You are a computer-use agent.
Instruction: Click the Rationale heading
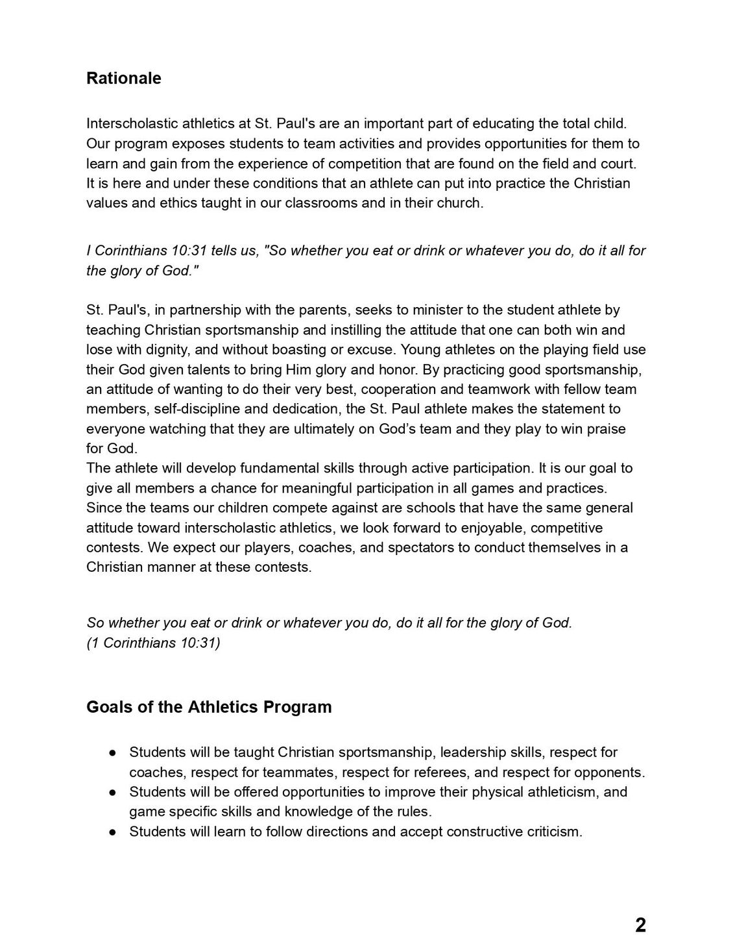click(x=123, y=79)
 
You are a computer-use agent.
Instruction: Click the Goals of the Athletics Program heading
click(x=209, y=707)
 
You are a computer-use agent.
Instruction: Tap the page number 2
click(x=640, y=925)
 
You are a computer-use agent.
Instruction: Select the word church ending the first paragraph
click(x=461, y=203)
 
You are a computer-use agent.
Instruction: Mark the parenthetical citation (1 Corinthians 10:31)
click(x=153, y=643)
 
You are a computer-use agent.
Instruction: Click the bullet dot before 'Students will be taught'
click(x=112, y=753)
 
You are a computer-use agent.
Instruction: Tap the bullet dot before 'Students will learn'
click(x=112, y=832)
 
